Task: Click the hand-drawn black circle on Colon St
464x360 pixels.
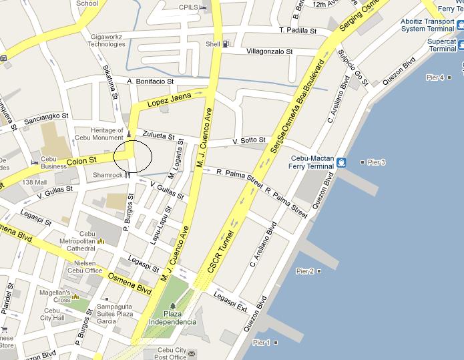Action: point(133,156)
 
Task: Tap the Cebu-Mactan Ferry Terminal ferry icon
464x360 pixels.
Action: point(341,162)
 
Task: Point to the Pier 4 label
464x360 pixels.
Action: point(435,78)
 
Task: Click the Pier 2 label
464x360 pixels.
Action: point(305,271)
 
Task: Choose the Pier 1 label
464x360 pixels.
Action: point(262,343)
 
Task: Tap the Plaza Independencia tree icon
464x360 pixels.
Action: point(172,306)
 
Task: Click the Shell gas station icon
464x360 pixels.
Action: point(226,44)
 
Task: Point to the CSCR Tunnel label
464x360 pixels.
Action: point(220,251)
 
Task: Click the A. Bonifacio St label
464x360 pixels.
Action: point(150,81)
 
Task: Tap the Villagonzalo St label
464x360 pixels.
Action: point(270,51)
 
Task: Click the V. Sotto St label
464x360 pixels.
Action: point(249,142)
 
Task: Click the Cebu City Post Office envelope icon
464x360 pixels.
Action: point(192,353)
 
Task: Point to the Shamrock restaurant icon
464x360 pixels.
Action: point(127,175)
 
